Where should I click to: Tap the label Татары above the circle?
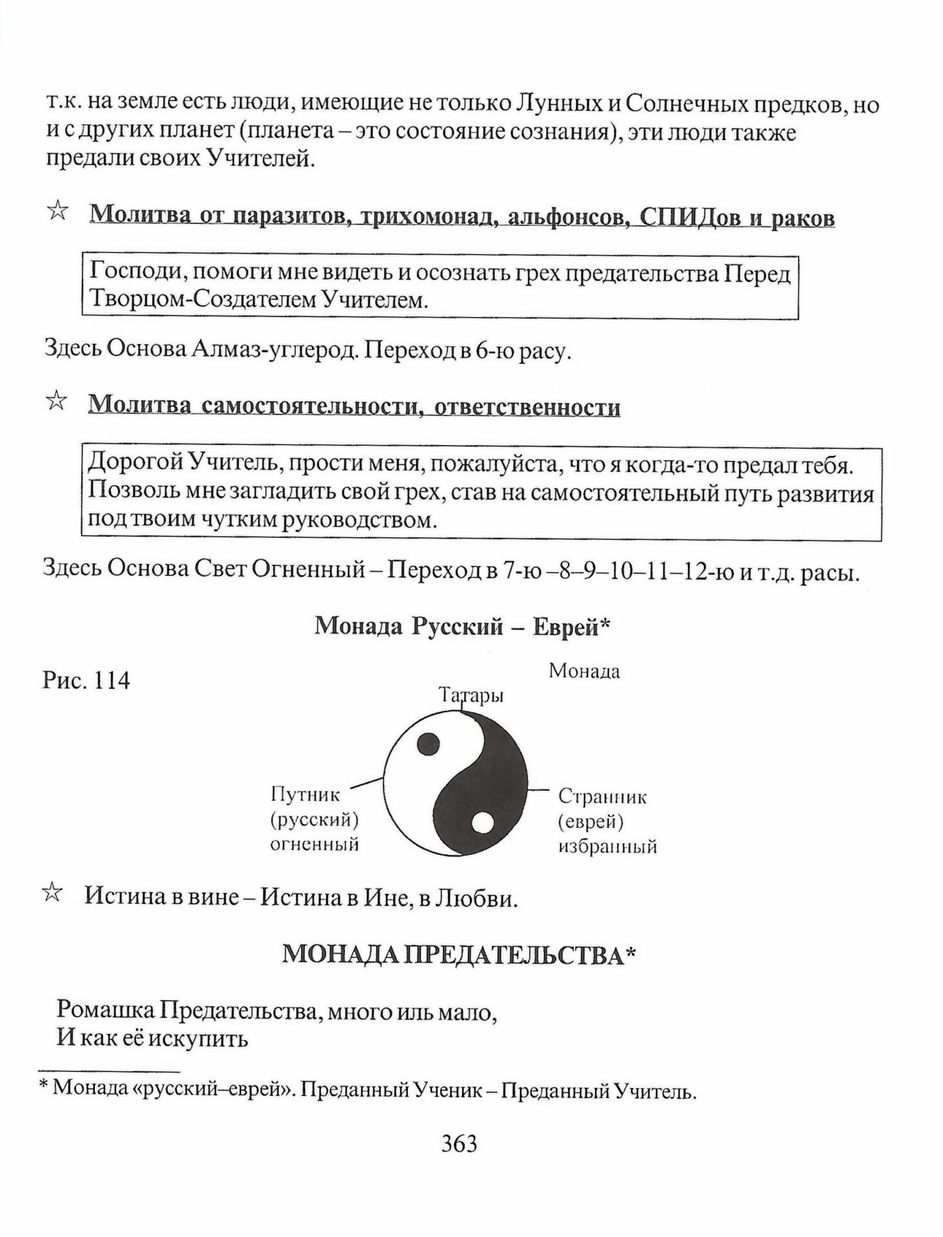coord(471,695)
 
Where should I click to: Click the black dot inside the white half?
coord(429,744)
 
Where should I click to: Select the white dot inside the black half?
coord(483,823)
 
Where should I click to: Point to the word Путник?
coord(305,795)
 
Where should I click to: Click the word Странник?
coord(602,796)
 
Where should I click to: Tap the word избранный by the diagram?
coord(607,846)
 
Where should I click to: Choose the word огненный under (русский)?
coord(314,844)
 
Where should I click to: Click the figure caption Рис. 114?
coord(86,680)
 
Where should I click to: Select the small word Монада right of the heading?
coord(584,671)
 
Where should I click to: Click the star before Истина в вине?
coord(53,893)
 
